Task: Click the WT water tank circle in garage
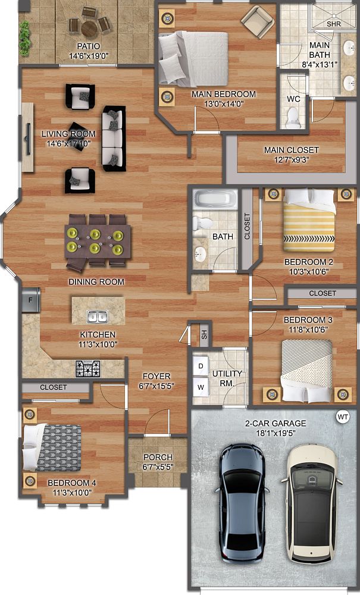[342, 416]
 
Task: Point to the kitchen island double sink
[97, 316]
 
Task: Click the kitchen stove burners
[87, 368]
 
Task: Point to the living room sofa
[113, 139]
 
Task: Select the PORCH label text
[158, 457]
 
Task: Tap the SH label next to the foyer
[204, 334]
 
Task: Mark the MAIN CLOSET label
[292, 150]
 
